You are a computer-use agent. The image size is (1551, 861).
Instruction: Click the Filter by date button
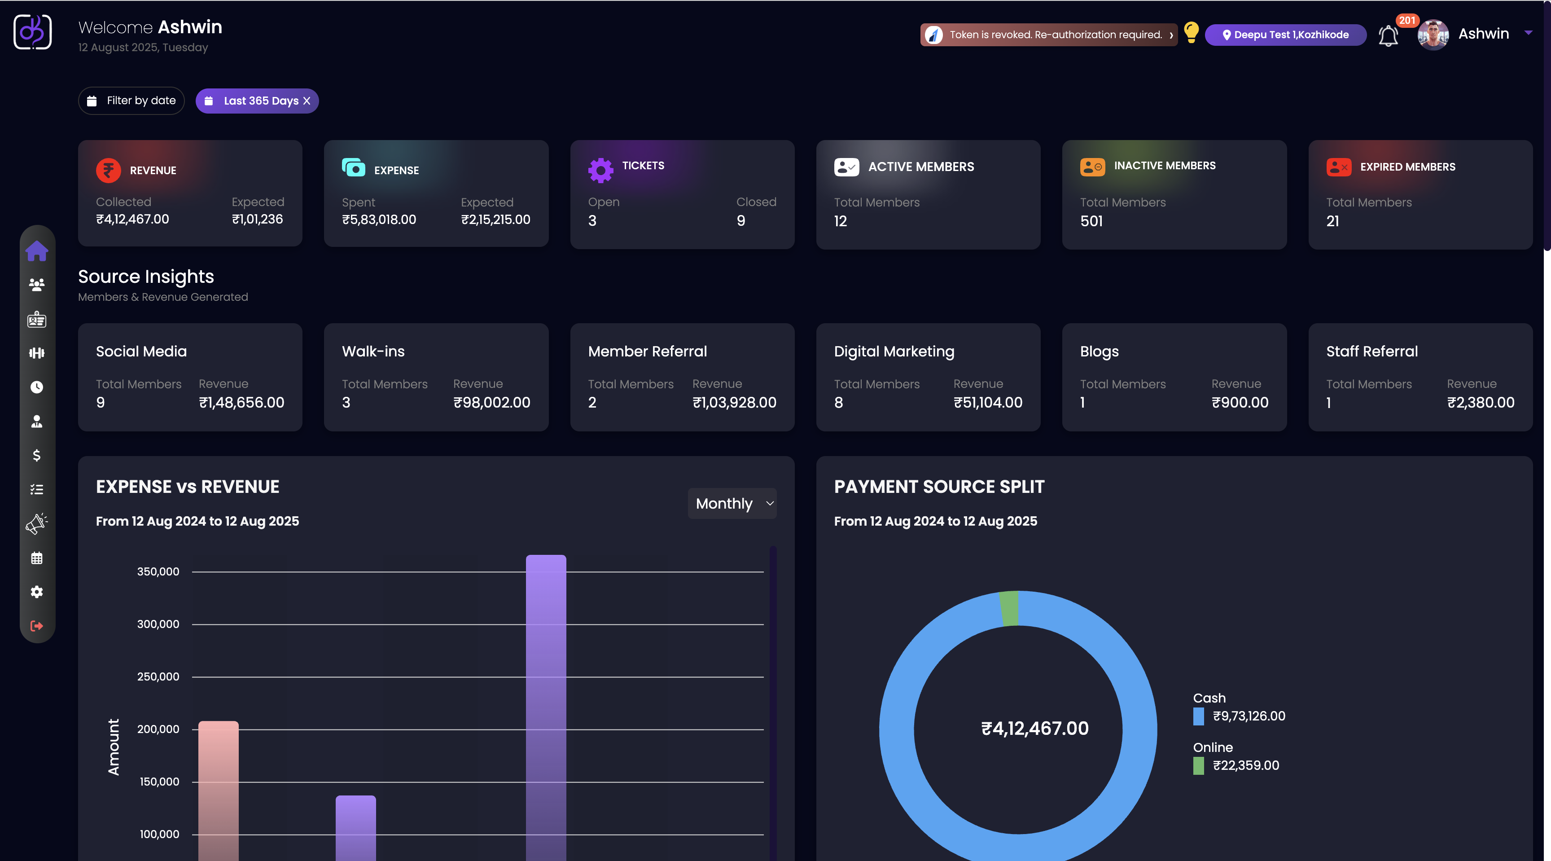coord(131,101)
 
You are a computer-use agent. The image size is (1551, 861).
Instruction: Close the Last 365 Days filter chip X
coord(307,101)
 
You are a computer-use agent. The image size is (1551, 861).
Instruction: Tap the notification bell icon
coord(1388,35)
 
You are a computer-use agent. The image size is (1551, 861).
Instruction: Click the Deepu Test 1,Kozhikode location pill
coord(1285,35)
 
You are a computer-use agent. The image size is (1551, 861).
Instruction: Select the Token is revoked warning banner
coord(1047,35)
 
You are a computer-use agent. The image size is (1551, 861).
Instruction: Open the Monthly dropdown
coord(732,503)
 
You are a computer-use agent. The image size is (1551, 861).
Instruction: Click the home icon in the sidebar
coord(37,251)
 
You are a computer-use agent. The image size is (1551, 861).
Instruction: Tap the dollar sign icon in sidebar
coord(37,455)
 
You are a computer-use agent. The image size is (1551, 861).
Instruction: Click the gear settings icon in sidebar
coord(37,592)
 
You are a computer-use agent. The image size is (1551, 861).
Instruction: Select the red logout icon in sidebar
coord(37,626)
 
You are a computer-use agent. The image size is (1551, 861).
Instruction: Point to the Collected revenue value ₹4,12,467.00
coord(132,219)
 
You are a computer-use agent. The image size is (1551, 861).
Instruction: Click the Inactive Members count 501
coord(1091,221)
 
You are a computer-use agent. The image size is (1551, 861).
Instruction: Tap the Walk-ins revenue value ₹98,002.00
coord(491,402)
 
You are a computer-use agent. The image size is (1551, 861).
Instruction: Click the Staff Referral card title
coord(1371,351)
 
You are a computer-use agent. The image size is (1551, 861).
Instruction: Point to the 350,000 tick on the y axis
coord(158,571)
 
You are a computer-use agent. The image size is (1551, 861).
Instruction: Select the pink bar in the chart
coord(219,789)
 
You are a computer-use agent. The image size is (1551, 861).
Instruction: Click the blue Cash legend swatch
coord(1198,716)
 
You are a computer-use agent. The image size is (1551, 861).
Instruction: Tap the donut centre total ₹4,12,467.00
coord(1034,729)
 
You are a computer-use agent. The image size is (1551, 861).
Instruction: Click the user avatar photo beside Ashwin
coord(1433,34)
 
